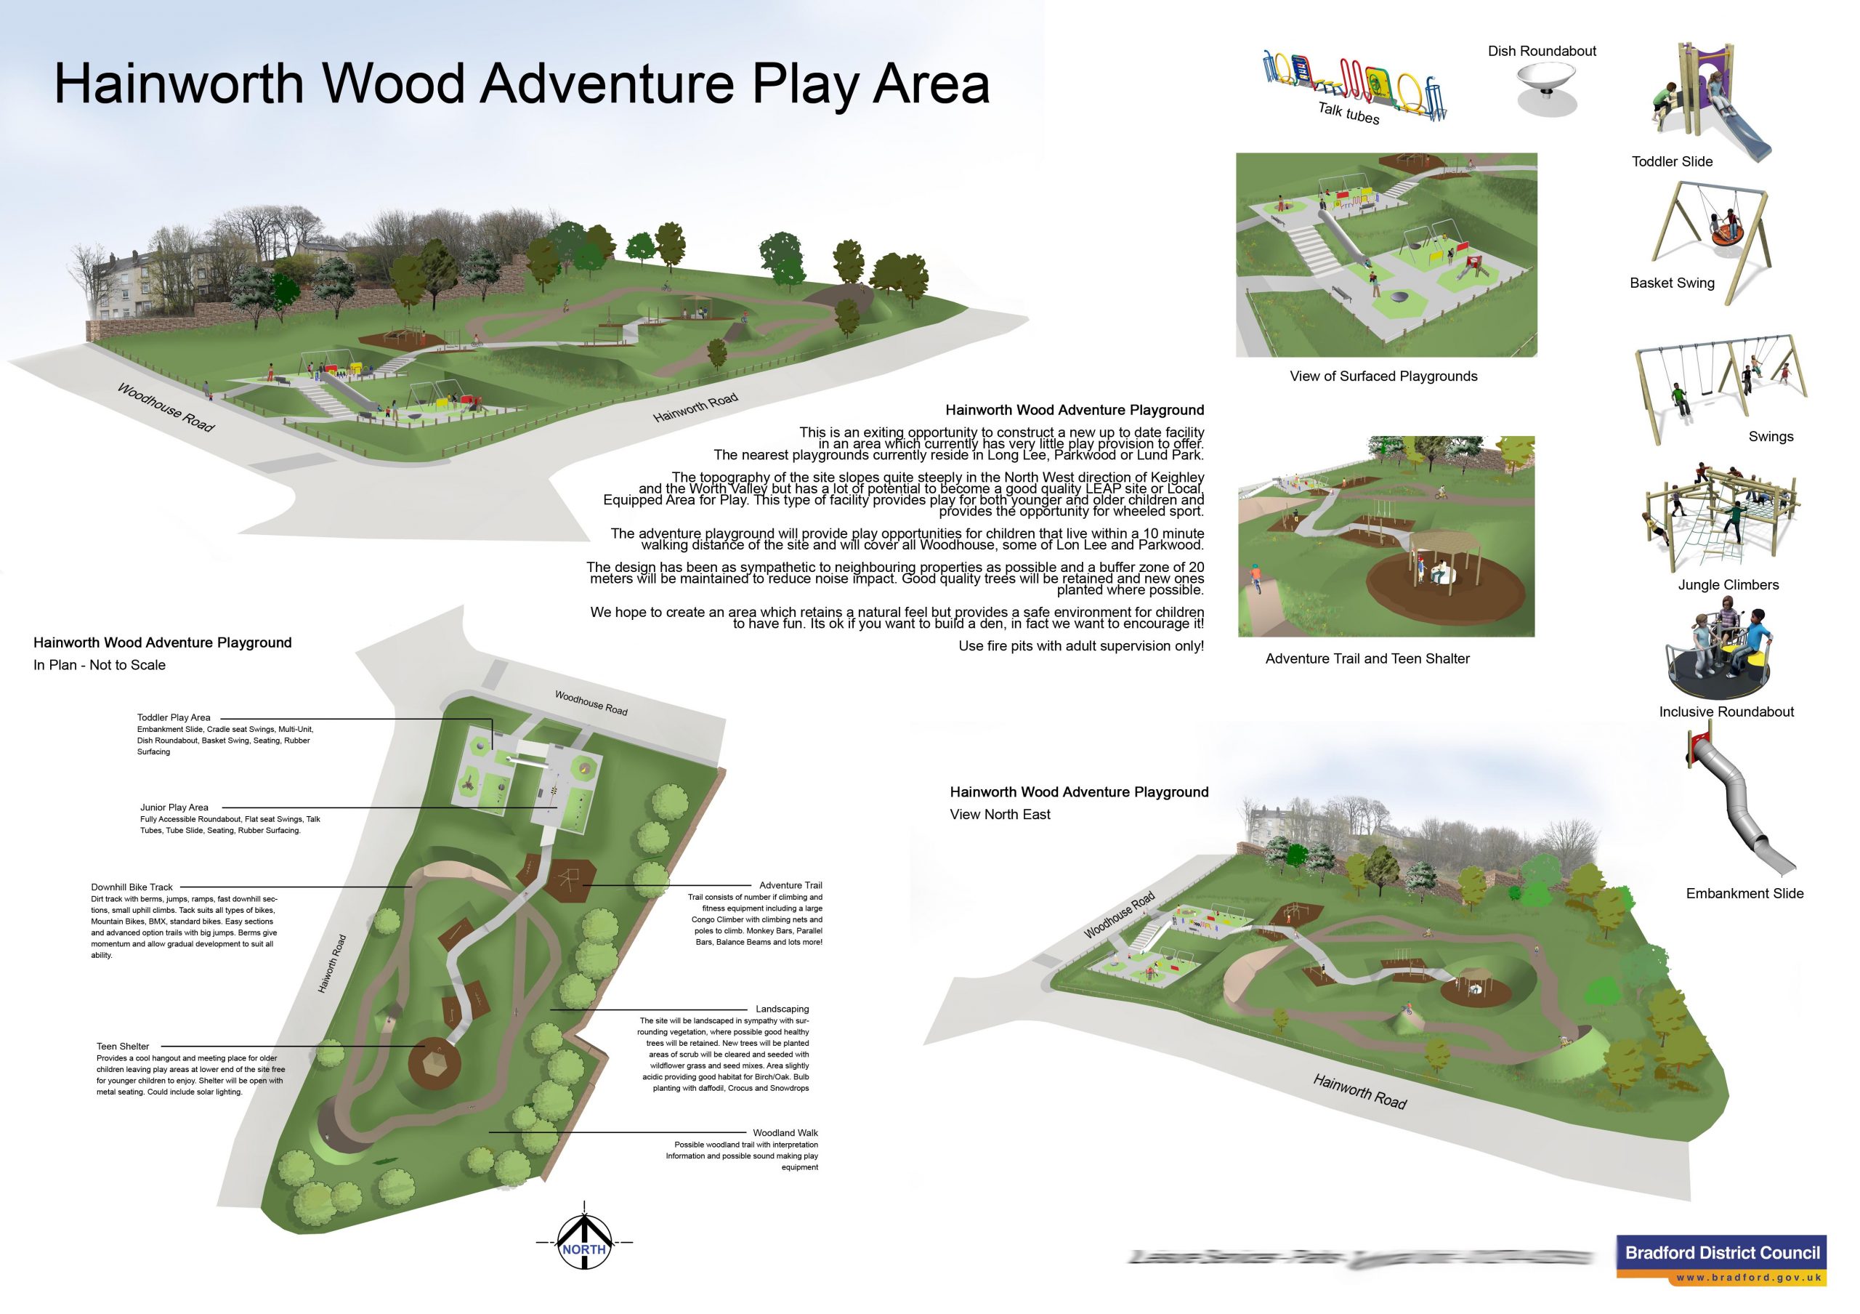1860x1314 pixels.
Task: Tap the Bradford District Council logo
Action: (x=1721, y=1259)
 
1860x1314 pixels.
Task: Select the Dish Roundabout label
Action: (x=1542, y=51)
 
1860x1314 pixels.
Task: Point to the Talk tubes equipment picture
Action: (x=1353, y=85)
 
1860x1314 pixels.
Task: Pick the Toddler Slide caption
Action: (x=1672, y=162)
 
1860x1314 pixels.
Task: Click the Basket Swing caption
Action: (x=1672, y=283)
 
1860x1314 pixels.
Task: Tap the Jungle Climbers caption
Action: (x=1728, y=585)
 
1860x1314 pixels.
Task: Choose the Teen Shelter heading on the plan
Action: (x=123, y=1047)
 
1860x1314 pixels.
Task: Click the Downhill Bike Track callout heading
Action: (x=132, y=887)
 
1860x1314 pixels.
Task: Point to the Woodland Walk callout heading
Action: (x=785, y=1133)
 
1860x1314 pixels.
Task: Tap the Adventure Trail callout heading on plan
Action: (x=790, y=885)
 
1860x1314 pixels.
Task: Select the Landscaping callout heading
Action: (x=782, y=1009)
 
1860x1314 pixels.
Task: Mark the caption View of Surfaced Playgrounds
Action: (x=1383, y=376)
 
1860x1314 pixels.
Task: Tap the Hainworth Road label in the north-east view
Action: (x=1359, y=1092)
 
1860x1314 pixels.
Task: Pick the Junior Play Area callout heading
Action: (x=174, y=807)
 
